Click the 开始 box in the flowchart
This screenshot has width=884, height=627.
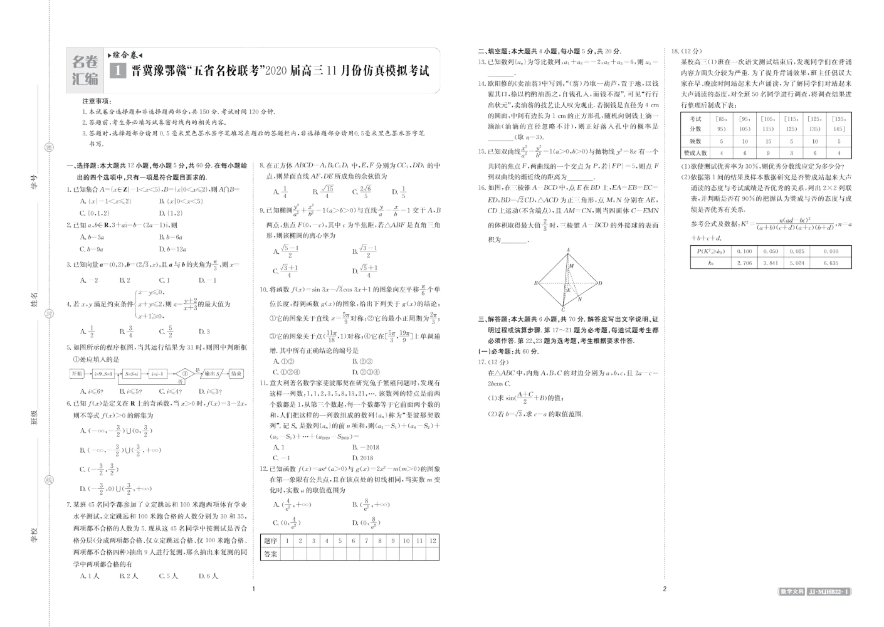pos(76,374)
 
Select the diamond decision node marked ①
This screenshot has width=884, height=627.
pos(182,374)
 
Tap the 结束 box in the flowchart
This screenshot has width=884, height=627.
pos(236,374)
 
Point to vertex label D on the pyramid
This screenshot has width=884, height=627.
pos(601,283)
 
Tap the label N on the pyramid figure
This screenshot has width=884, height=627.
pos(579,299)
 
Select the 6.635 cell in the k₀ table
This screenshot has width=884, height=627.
pos(831,263)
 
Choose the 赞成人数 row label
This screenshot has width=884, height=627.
pos(695,152)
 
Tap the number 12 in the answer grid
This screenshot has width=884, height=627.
pos(432,540)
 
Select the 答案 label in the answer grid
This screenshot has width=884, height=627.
pos(270,554)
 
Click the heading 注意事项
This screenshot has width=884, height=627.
pos(97,101)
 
